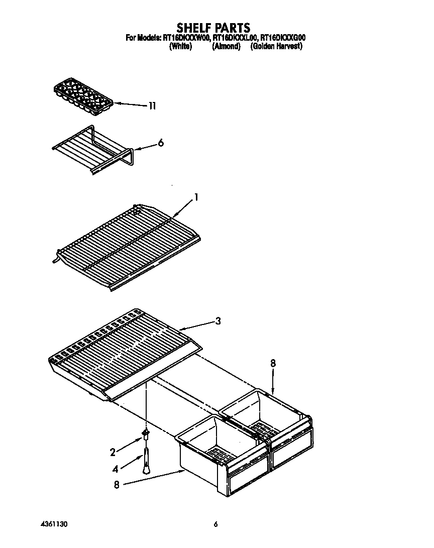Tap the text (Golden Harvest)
[x=276, y=46]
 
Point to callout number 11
[x=152, y=106]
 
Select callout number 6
[x=161, y=143]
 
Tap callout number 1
[x=196, y=197]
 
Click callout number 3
[x=218, y=321]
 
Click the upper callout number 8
[x=273, y=363]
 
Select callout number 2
[x=113, y=452]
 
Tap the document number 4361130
[x=53, y=524]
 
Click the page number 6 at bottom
[x=215, y=524]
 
